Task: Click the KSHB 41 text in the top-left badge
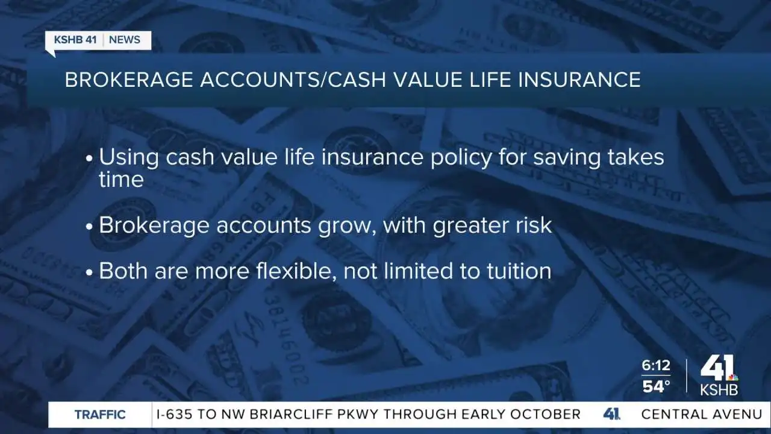click(75, 40)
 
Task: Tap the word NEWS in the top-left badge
click(125, 40)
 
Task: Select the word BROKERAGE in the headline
click(129, 80)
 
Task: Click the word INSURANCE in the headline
click(579, 80)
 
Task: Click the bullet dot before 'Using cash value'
click(90, 159)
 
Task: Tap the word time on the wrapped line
click(121, 180)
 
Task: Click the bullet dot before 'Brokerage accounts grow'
click(90, 227)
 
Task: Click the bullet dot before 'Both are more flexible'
click(90, 272)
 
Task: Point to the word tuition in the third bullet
click(519, 271)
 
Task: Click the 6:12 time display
click(656, 365)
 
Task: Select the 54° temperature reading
click(656, 386)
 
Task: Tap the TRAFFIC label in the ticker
click(100, 414)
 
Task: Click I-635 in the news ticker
click(174, 414)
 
